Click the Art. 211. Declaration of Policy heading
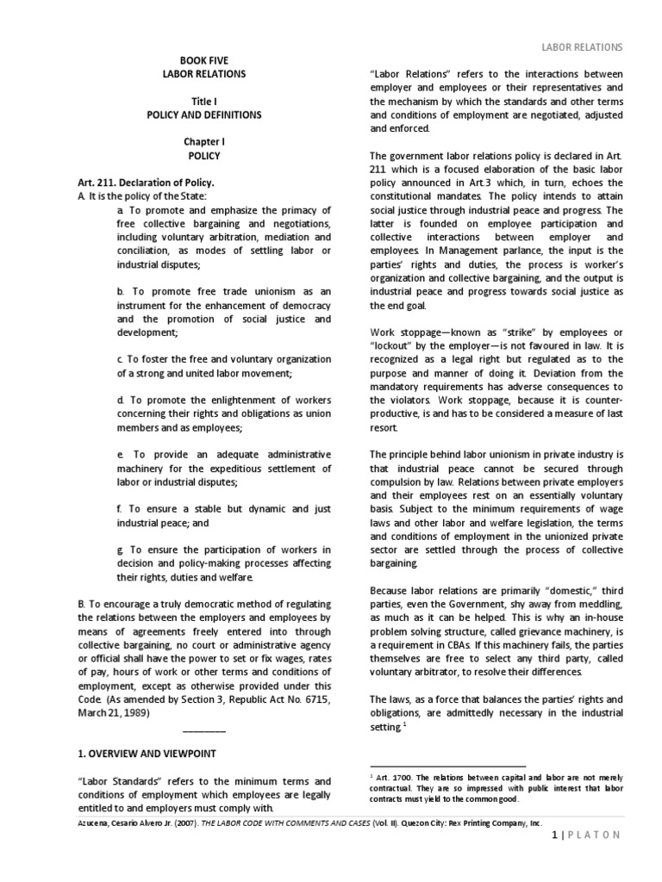pos(145,183)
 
